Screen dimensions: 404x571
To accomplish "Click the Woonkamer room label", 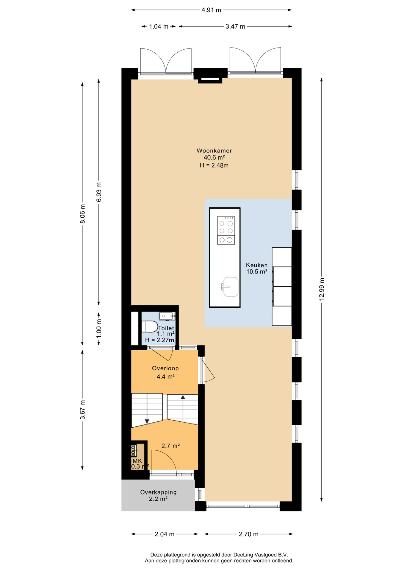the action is (x=214, y=151).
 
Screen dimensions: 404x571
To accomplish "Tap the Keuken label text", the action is (x=257, y=265).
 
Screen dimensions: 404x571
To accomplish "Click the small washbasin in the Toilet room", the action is (x=167, y=316).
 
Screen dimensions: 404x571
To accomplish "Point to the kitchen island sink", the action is (x=230, y=287).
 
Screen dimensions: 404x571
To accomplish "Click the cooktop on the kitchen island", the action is (x=226, y=230).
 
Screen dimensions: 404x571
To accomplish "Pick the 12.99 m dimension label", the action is (x=322, y=289).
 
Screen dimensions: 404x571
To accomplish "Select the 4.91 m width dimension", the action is (x=211, y=10).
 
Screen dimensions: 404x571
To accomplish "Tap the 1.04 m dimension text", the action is (x=159, y=26).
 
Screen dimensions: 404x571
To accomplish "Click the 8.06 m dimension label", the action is (x=83, y=214).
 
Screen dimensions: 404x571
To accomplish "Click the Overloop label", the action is (x=165, y=368).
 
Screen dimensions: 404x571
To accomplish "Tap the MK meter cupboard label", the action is (x=137, y=461).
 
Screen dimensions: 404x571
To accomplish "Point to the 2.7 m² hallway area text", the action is (x=170, y=446).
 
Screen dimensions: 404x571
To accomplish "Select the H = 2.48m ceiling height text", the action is (x=214, y=165).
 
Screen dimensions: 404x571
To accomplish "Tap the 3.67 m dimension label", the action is (x=83, y=410).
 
